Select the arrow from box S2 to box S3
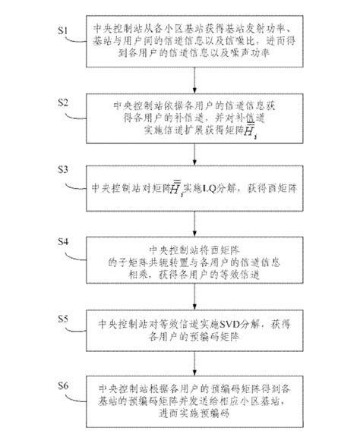(196, 150)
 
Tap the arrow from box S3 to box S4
(196, 218)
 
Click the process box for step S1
(196, 41)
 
